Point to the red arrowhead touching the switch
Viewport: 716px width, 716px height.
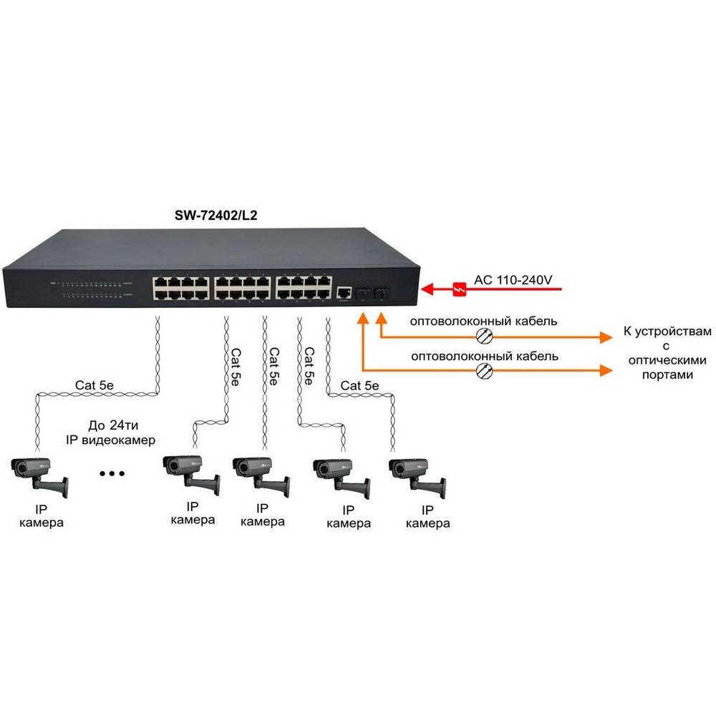point(428,289)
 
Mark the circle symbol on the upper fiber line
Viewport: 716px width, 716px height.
point(485,337)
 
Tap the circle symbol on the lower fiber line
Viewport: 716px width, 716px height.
point(485,369)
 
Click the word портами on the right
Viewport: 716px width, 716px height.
point(665,374)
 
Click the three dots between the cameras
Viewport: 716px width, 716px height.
point(112,473)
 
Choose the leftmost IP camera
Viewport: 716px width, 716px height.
point(39,475)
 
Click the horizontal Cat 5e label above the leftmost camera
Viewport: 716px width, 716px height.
point(95,385)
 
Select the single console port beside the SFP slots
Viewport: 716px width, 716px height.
point(344,292)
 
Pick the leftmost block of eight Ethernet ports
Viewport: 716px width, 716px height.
point(180,287)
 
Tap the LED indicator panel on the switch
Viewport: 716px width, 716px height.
point(90,289)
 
